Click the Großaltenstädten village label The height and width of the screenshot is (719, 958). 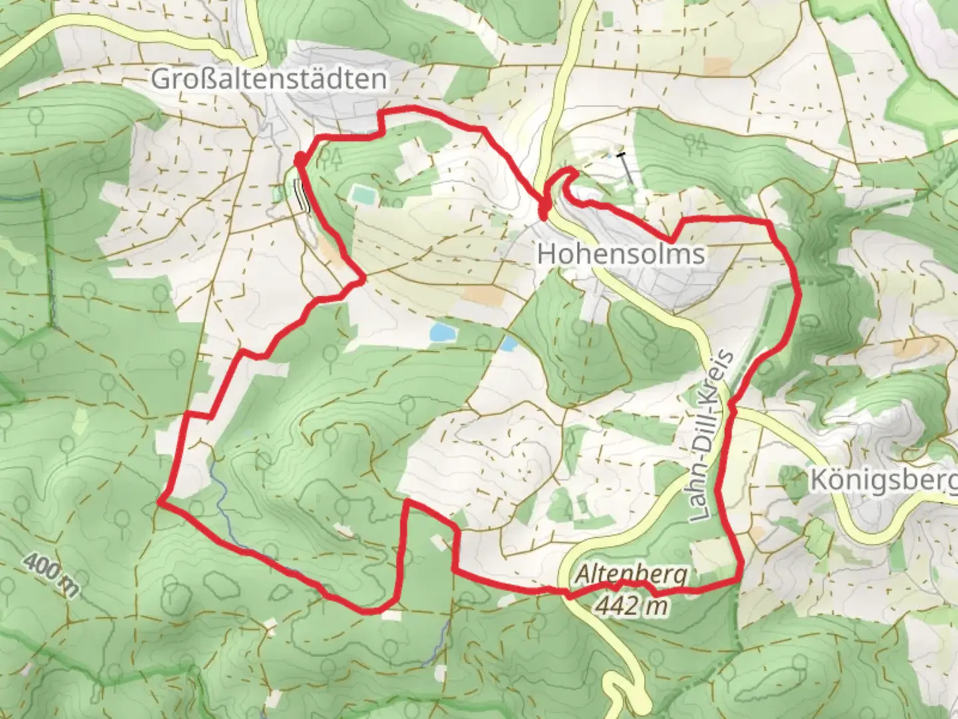click(x=269, y=79)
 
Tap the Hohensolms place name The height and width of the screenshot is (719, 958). click(x=621, y=254)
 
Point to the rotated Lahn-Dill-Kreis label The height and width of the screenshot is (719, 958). click(x=713, y=437)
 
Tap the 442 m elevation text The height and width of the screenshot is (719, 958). click(x=631, y=605)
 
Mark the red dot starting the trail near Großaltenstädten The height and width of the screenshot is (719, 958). click(x=300, y=160)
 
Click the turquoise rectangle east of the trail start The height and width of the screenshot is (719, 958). click(x=363, y=195)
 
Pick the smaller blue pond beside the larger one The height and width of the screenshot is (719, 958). click(x=509, y=344)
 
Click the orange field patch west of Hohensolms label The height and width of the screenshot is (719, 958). click(x=483, y=295)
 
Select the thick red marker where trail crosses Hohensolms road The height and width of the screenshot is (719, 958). click(x=544, y=212)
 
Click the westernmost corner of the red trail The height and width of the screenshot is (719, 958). click(x=160, y=503)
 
